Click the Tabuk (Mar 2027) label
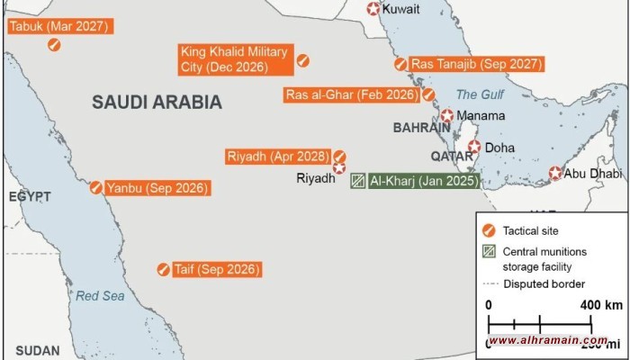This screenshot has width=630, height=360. [x=59, y=26]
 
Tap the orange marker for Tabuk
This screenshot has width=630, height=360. [x=55, y=45]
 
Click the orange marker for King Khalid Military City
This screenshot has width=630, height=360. [x=304, y=60]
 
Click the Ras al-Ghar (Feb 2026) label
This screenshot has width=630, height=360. [x=352, y=94]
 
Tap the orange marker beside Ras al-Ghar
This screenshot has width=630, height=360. [x=429, y=94]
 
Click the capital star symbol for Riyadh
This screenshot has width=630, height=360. [x=339, y=168]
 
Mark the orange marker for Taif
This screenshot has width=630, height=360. [x=164, y=268]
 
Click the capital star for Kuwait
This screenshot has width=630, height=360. [x=373, y=9]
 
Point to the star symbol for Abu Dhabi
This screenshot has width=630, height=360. [x=556, y=173]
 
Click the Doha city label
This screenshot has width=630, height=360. [x=499, y=148]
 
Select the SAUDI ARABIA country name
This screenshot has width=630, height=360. [x=157, y=103]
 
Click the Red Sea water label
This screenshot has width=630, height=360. [x=95, y=295]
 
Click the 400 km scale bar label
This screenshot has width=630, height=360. [x=601, y=305]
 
